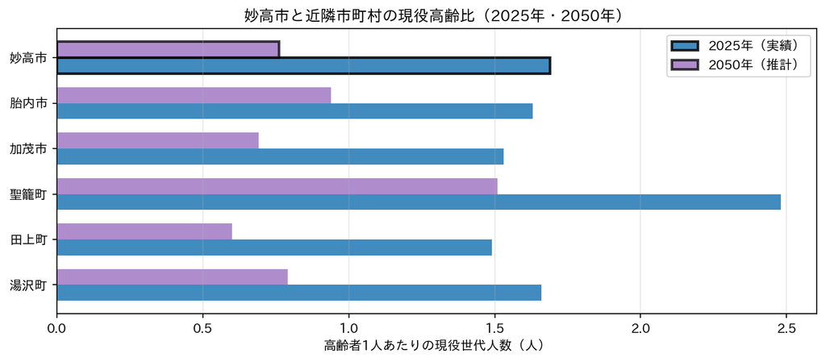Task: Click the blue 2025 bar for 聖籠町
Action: [419, 202]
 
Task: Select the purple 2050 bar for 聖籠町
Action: [277, 186]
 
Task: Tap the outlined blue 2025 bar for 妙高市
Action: [303, 66]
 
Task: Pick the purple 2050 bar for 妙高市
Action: [168, 49]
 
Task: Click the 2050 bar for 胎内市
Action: [194, 95]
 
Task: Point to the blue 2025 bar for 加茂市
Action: [280, 156]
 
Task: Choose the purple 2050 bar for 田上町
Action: [144, 231]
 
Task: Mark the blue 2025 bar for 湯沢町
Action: [298, 293]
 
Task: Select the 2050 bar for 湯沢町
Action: [172, 277]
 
